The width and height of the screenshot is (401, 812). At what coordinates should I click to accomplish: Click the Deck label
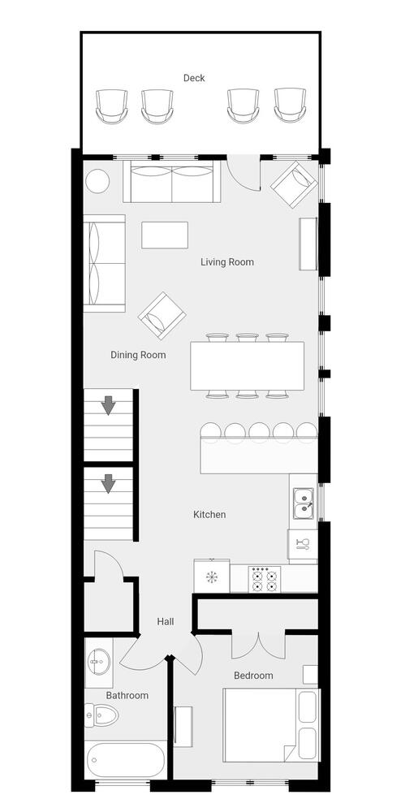(194, 78)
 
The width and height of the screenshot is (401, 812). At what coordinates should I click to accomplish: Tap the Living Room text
(227, 262)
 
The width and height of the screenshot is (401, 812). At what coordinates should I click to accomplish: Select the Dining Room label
(138, 356)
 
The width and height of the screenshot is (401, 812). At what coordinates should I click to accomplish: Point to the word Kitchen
(209, 515)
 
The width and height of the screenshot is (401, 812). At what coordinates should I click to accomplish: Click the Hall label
(166, 621)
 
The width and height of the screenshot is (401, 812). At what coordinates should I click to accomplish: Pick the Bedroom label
(253, 676)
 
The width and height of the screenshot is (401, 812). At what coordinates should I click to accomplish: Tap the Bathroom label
(127, 696)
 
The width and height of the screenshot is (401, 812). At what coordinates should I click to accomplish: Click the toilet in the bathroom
(101, 715)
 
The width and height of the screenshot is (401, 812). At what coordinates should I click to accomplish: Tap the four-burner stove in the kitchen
(264, 579)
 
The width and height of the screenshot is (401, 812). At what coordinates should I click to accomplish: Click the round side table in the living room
(97, 182)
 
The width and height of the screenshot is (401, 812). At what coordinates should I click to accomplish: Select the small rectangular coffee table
(165, 235)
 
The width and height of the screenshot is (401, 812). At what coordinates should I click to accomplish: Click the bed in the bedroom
(272, 725)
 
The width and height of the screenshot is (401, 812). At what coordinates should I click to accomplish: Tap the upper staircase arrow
(108, 405)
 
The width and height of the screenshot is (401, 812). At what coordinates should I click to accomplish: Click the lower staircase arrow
(108, 483)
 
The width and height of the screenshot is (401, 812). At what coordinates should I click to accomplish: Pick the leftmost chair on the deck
(111, 106)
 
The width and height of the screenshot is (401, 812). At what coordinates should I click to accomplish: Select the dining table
(247, 365)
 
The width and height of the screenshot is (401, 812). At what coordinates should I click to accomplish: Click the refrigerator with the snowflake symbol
(212, 576)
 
